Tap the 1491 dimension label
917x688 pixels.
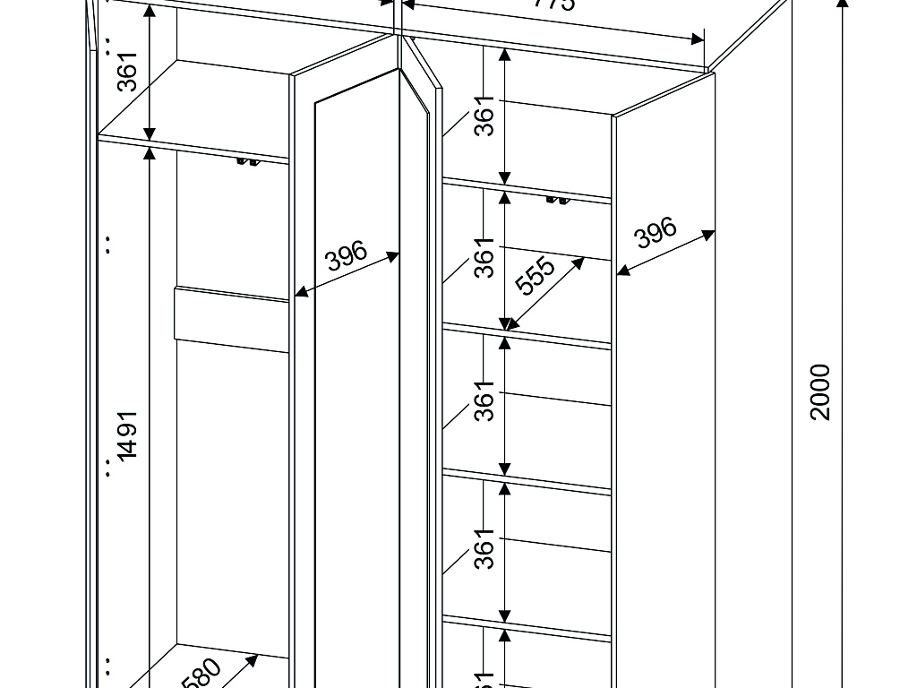[x=128, y=435]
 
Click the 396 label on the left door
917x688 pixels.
[x=347, y=256]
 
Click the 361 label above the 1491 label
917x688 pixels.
[x=128, y=72]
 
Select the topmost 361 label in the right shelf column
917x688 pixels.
[x=484, y=116]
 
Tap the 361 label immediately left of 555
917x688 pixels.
[x=484, y=258]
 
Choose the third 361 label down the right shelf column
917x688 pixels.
[x=484, y=400]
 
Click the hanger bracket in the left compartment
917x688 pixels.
[x=247, y=161]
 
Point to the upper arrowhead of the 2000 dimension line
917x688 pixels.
[x=843, y=4]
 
